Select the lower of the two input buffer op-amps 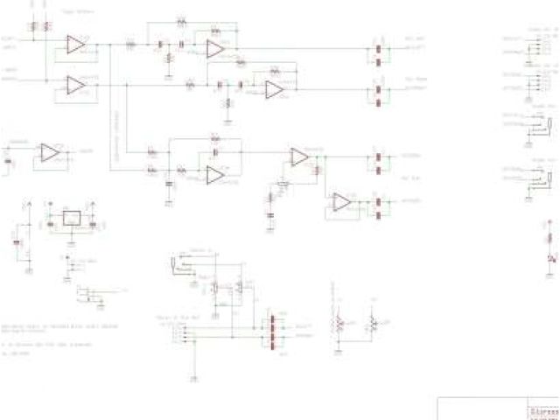[75, 84]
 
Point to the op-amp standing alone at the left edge [50, 153]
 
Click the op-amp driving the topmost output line [215, 50]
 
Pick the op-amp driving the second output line [274, 89]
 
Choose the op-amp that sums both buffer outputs [215, 175]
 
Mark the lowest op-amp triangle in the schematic [340, 203]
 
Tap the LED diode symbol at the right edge [550, 260]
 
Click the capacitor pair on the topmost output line [378, 50]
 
